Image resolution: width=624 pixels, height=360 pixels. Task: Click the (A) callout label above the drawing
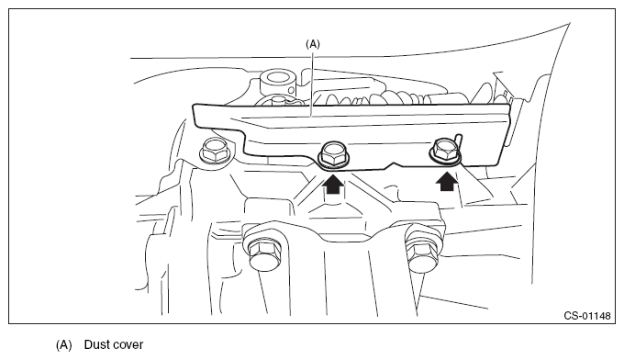point(312,44)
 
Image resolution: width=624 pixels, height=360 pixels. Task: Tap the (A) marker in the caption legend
point(63,344)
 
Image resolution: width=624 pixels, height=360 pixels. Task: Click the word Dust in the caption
point(96,344)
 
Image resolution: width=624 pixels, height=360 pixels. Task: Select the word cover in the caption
point(128,345)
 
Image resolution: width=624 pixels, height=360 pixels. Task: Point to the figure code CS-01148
point(587,316)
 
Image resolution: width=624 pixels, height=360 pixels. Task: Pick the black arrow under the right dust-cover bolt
point(446,181)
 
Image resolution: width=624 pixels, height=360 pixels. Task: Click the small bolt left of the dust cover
point(215,150)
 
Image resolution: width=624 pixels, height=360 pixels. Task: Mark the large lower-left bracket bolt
point(264,255)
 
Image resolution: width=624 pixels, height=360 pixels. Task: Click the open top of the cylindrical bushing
point(277,77)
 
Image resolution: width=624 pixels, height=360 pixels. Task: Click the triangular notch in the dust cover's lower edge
point(394,164)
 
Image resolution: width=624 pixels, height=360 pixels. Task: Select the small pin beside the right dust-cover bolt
point(459,141)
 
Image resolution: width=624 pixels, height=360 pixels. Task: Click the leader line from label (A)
point(312,83)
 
